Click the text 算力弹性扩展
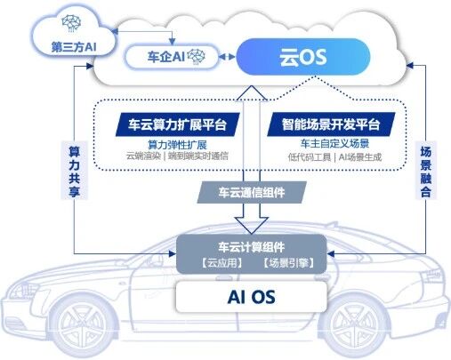pos(176,144)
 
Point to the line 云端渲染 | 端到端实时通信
pos(176,157)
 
